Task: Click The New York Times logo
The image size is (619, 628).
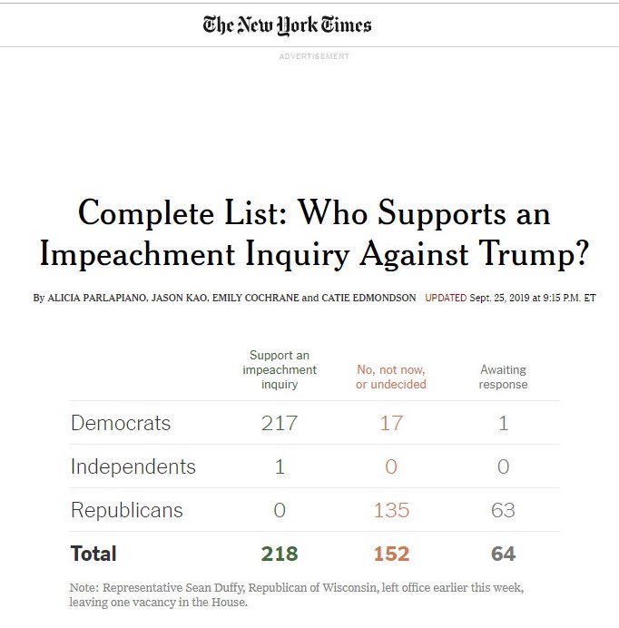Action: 287,25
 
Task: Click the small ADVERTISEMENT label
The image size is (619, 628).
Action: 314,56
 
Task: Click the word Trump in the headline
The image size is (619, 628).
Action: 534,254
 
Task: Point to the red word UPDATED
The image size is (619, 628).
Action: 445,298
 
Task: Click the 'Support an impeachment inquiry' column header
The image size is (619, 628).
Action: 280,369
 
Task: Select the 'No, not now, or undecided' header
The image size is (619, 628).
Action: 391,377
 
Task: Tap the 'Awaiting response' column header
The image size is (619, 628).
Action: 504,377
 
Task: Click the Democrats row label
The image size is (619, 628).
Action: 121,423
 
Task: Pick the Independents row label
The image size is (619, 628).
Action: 133,466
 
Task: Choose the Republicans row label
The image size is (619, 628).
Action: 127,510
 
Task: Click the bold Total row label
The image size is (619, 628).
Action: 93,554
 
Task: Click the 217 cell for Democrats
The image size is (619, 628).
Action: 280,423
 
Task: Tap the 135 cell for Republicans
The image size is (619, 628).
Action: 391,510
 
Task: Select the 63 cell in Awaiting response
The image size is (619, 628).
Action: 504,510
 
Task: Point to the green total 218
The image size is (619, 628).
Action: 280,554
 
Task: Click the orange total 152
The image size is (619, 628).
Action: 391,554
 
